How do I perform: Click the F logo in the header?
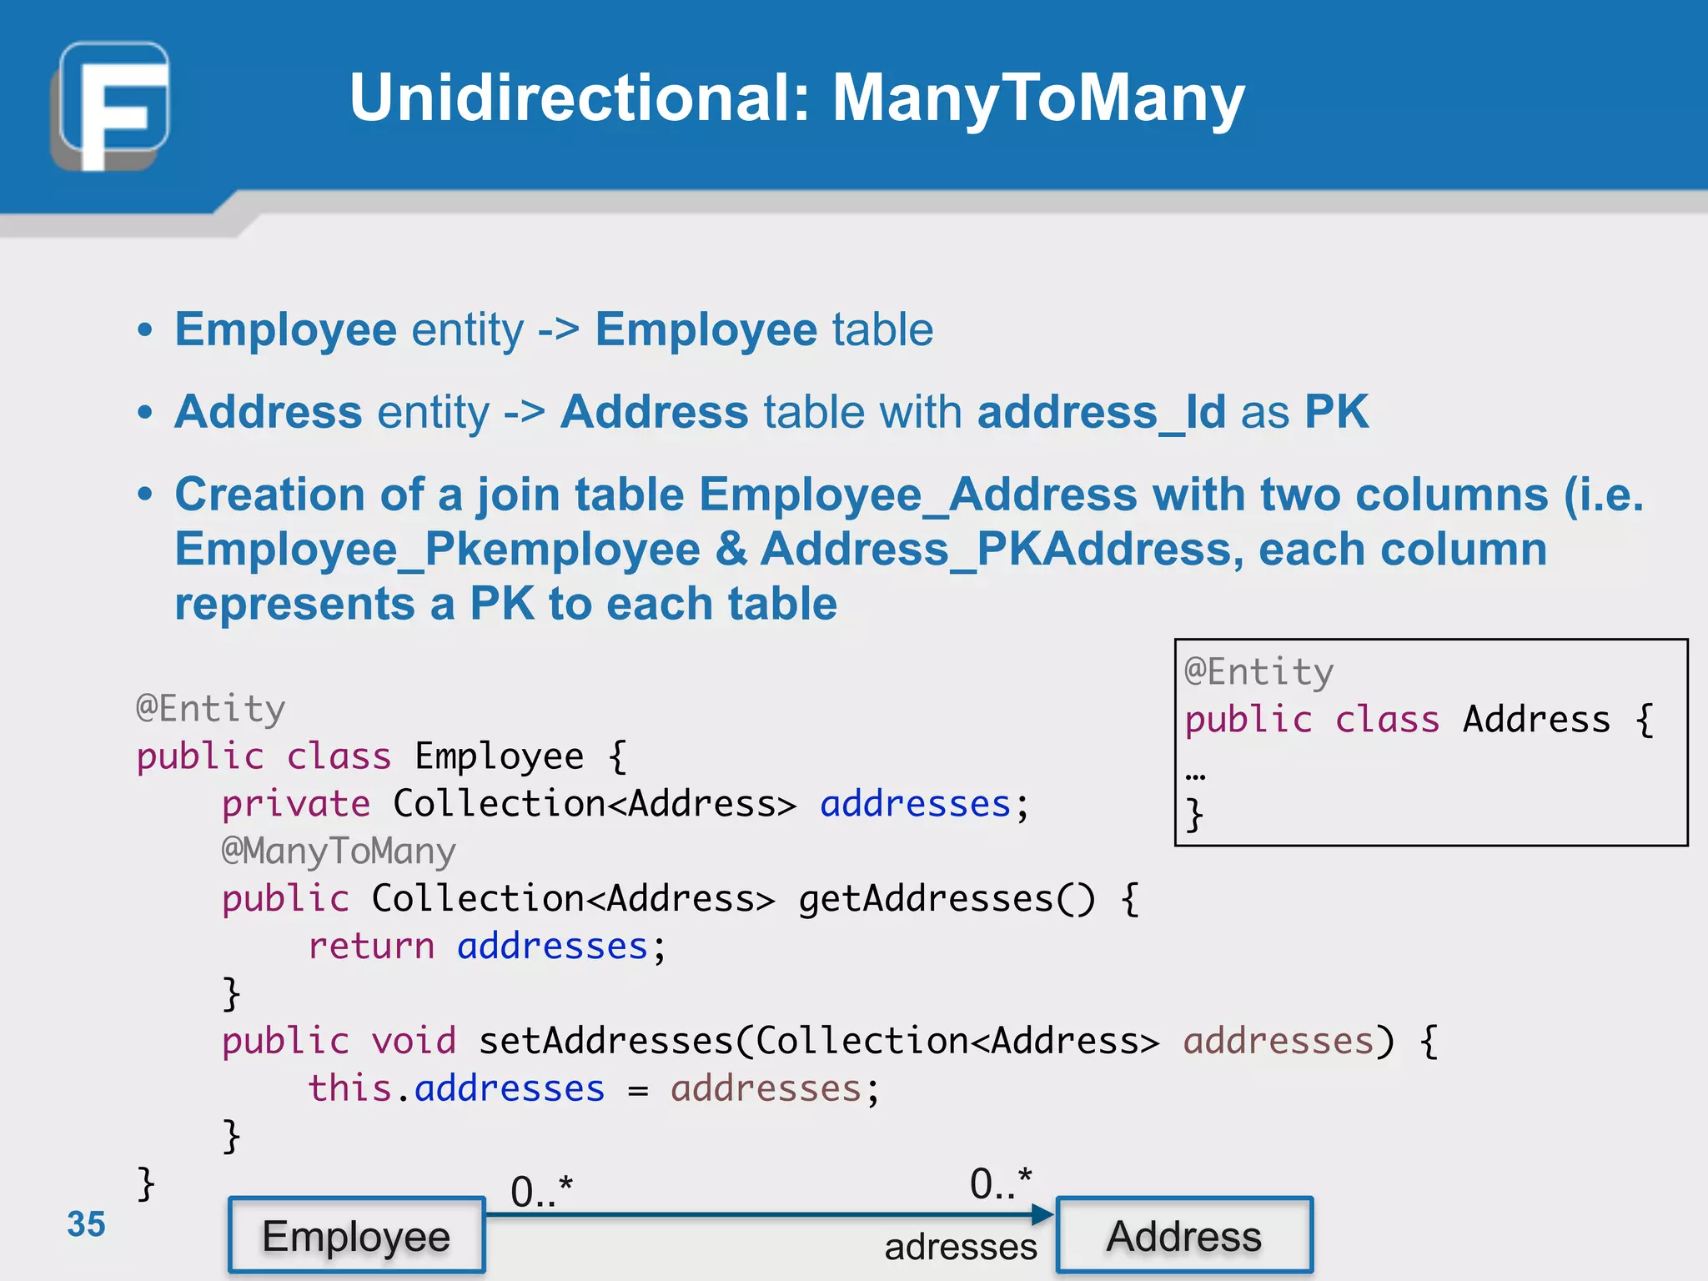(111, 106)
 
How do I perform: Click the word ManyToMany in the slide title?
(1038, 98)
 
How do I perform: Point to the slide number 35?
(86, 1224)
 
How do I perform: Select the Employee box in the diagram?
(356, 1236)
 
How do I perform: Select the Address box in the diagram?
(1184, 1236)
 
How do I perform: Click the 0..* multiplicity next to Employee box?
(541, 1191)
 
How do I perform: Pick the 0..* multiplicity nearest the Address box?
(1000, 1183)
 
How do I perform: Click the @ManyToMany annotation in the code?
(339, 851)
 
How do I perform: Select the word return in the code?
(371, 947)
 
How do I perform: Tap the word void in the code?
(414, 1042)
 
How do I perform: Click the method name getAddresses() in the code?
(947, 899)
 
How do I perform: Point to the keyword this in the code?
(349, 1089)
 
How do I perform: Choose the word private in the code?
(296, 804)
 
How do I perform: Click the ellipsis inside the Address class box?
(1195, 775)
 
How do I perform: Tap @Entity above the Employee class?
(211, 709)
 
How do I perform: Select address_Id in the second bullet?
(1101, 412)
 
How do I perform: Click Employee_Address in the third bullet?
(917, 495)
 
